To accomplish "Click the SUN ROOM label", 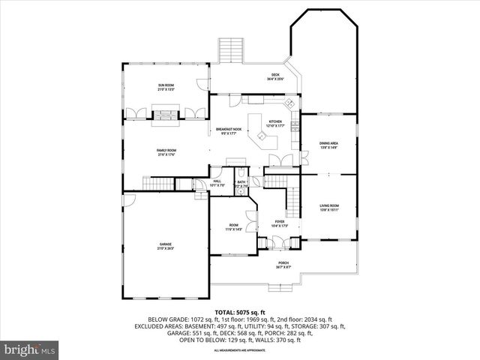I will pyautogui.click(x=166, y=87).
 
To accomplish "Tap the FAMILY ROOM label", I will pyautogui.click(x=166, y=152).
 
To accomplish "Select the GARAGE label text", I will pyautogui.click(x=166, y=246).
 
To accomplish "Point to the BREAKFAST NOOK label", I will pyautogui.click(x=229, y=131).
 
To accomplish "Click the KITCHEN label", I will pyautogui.click(x=275, y=123).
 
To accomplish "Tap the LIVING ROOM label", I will pyautogui.click(x=329, y=207).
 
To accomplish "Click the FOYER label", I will pyautogui.click(x=279, y=223).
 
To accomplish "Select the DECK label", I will pyautogui.click(x=274, y=75).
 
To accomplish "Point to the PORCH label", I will pyautogui.click(x=282, y=265).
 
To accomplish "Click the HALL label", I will pyautogui.click(x=217, y=182).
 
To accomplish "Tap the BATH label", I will pyautogui.click(x=241, y=182).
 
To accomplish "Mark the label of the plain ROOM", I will pyautogui.click(x=234, y=227).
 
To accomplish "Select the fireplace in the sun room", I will pyautogui.click(x=166, y=115).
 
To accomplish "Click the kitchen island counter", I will pyautogui.click(x=262, y=136).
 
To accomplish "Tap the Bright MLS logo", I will pyautogui.click(x=30, y=349).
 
